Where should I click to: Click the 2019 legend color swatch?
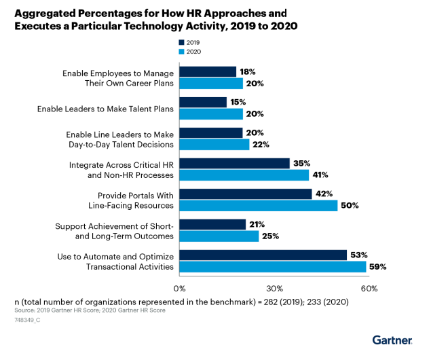(181, 42)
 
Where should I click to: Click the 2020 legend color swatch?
(181, 52)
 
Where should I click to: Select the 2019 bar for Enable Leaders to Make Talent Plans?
(203, 103)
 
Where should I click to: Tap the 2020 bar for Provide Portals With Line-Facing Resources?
(259, 206)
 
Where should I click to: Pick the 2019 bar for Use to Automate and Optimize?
(263, 255)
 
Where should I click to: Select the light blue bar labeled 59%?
(273, 267)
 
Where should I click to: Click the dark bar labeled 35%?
(234, 164)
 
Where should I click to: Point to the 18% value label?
(248, 72)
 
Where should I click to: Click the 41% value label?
(320, 175)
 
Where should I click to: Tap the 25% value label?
(270, 236)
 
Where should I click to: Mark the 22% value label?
(261, 145)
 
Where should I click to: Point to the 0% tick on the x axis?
(179, 289)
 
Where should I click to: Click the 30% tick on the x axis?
(274, 289)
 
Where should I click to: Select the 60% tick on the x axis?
(369, 289)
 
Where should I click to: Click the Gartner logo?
(392, 340)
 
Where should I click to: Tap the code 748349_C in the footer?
(27, 320)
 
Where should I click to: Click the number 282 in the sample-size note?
(270, 302)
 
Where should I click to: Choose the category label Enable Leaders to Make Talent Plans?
(106, 109)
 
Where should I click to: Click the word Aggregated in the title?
(45, 14)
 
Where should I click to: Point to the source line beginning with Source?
(90, 310)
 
